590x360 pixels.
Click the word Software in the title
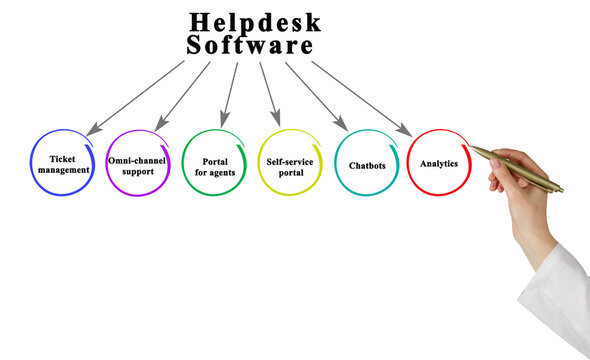pyautogui.click(x=250, y=46)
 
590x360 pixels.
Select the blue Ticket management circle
pyautogui.click(x=63, y=163)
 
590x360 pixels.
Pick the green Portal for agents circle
pyautogui.click(x=214, y=163)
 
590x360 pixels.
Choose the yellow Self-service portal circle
pyautogui.click(x=290, y=163)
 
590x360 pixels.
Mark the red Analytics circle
pyautogui.click(x=439, y=162)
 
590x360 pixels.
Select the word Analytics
pyautogui.click(x=439, y=162)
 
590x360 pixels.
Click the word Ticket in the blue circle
pyautogui.click(x=63, y=158)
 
